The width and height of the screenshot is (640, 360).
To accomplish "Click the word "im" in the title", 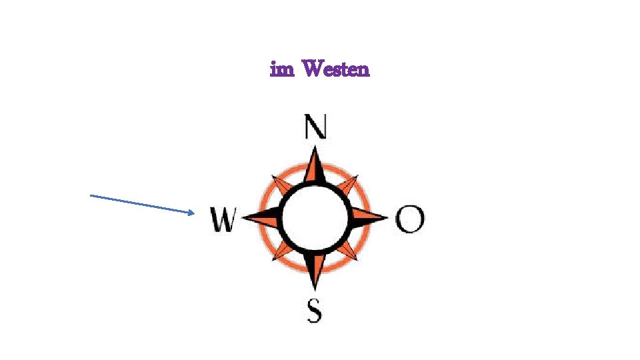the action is click(x=282, y=69).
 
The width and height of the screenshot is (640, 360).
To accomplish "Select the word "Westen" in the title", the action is click(x=335, y=69).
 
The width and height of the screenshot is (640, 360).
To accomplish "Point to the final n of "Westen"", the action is click(x=363, y=70).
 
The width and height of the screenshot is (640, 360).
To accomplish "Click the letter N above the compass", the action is click(x=315, y=127).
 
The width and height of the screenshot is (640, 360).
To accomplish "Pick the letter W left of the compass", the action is click(x=223, y=219).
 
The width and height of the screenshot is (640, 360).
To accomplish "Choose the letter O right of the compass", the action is click(x=409, y=218).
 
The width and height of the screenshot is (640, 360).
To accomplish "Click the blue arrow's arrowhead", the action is click(x=192, y=213).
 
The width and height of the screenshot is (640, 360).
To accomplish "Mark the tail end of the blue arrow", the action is click(x=91, y=195).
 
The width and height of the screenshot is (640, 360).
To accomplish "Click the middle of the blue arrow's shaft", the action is click(x=142, y=204).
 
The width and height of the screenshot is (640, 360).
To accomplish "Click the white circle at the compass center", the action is click(x=315, y=217).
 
